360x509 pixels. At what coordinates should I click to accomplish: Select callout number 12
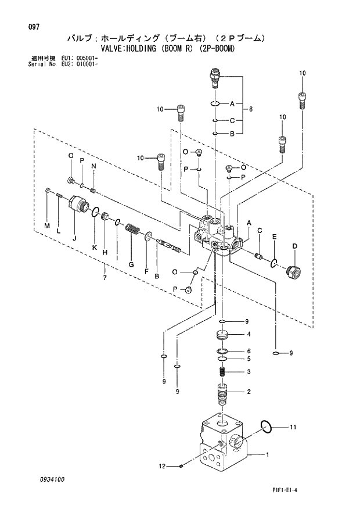pyautogui.click(x=163, y=465)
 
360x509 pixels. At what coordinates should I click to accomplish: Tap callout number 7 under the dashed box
pyautogui.click(x=105, y=278)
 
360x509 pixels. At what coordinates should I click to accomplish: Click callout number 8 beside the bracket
pyautogui.click(x=251, y=109)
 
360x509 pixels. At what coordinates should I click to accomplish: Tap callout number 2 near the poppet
pyautogui.click(x=249, y=392)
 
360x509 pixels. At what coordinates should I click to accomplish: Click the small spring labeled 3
pyautogui.click(x=222, y=371)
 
